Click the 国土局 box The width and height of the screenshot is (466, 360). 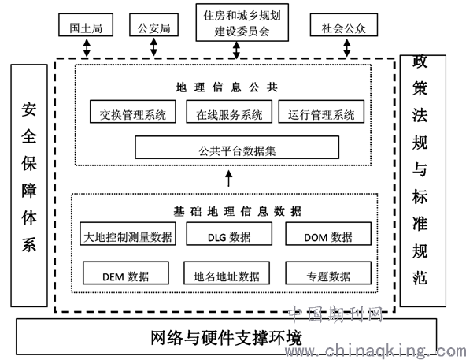(x=86, y=25)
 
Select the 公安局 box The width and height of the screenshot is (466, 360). (x=154, y=25)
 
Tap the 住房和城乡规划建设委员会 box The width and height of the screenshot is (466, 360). (x=242, y=22)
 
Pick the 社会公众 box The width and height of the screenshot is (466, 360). (x=344, y=25)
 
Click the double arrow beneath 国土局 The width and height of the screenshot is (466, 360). (x=87, y=47)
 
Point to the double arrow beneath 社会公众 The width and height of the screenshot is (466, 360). (x=347, y=47)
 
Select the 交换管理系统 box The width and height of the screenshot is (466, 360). (x=133, y=112)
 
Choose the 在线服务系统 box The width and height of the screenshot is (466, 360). (x=229, y=112)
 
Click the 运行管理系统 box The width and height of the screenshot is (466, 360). (x=321, y=112)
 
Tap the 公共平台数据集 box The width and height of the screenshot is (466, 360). (x=237, y=147)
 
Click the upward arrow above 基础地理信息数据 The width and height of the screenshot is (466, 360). (x=228, y=179)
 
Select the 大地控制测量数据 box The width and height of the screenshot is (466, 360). (x=128, y=234)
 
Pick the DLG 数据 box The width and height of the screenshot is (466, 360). (x=229, y=234)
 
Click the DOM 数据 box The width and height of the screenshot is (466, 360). (x=328, y=234)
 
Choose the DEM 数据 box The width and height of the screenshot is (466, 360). (x=126, y=273)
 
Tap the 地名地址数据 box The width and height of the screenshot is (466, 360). (x=227, y=273)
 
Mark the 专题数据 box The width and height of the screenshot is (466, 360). (x=328, y=273)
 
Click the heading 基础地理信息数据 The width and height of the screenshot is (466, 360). (x=237, y=212)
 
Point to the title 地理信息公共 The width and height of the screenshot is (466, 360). (x=227, y=87)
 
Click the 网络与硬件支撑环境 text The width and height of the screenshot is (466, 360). (x=227, y=338)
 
